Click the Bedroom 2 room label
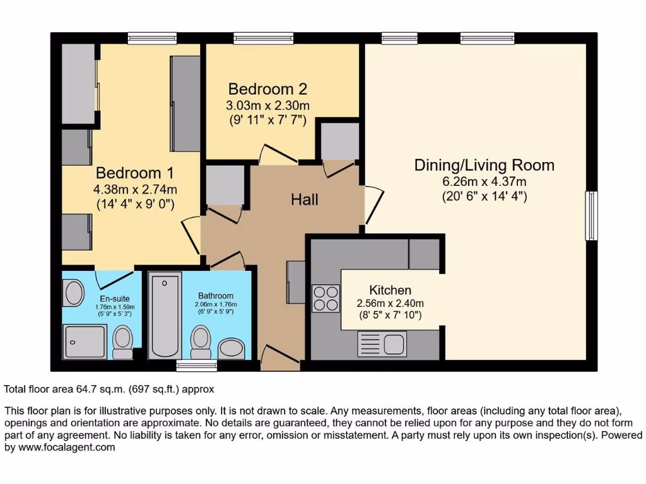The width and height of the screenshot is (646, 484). pos(267,89)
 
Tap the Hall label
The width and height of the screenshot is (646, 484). pos(305,200)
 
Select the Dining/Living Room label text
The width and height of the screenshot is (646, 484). pos(484,165)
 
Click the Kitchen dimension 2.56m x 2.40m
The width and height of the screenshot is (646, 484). pos(390,303)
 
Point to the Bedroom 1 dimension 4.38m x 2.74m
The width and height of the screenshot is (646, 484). pos(135,189)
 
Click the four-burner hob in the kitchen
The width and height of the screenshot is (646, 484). pos(326,298)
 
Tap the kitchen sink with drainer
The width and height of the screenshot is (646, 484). pos(382,344)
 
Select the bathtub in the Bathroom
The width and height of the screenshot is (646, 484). pos(165,316)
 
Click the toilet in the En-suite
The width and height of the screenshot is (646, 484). pos(123,341)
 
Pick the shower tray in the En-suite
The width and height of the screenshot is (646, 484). pos(85,341)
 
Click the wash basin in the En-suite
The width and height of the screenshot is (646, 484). pos(74,292)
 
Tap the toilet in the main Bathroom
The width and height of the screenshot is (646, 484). pos(201,342)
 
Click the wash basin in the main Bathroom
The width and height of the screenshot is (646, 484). pos(231,349)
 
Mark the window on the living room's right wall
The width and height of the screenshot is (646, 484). pos(591,216)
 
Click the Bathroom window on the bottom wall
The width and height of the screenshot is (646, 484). pos(197,366)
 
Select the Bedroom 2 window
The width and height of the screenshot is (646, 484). pos(264,38)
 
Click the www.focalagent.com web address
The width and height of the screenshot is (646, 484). pos(66,447)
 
